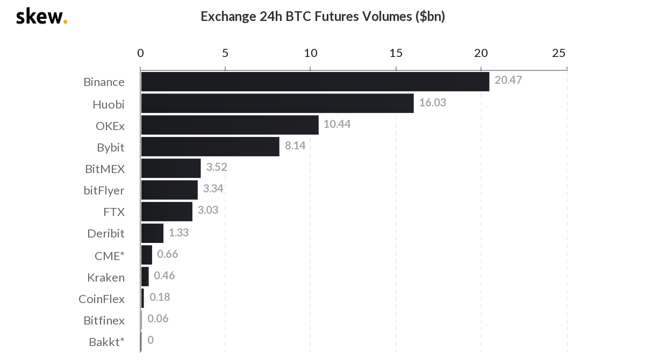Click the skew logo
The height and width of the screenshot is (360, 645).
pos(41,16)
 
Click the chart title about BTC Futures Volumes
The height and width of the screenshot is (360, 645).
pos(322,16)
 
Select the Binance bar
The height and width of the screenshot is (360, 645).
pos(314,82)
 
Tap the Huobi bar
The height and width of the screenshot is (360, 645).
pos(277,103)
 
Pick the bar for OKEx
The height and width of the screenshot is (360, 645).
pos(230,125)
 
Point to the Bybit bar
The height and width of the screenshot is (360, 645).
pos(210,147)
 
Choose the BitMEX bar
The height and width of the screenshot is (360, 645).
pos(170,168)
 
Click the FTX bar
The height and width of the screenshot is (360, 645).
pos(167,212)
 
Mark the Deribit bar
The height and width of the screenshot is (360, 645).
pos(152,233)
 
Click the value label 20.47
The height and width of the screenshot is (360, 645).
pos(508,81)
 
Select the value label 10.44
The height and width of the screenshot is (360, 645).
pos(337,124)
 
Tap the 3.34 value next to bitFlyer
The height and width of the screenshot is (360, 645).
pos(213,189)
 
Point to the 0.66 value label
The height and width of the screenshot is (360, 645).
pos(167,254)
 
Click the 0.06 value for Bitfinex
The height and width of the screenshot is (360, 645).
pos(157,319)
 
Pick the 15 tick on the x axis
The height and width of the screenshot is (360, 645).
pos(396,53)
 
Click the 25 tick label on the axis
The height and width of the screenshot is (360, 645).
pos(558,53)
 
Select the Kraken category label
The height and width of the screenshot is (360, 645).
pos(106,277)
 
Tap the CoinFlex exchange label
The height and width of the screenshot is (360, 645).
pos(102,299)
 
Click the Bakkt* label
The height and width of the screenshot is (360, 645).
pos(106,342)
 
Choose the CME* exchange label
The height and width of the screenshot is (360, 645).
pos(109,256)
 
